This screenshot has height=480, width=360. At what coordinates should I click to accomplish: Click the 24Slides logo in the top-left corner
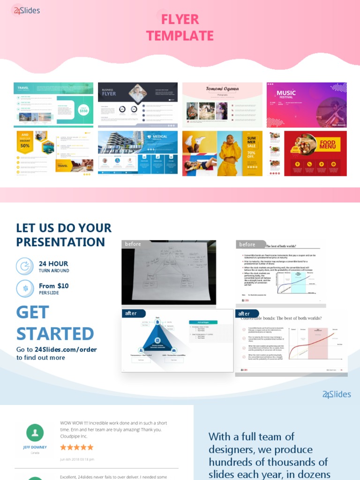(27, 10)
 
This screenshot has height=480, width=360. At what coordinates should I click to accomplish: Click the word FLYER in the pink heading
(180, 19)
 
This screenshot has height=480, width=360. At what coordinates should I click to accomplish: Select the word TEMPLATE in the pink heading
(180, 36)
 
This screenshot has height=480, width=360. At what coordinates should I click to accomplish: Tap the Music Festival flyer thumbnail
(307, 105)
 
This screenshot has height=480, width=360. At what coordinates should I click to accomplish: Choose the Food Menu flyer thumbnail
(308, 153)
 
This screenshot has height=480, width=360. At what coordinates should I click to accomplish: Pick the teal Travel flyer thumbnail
(53, 105)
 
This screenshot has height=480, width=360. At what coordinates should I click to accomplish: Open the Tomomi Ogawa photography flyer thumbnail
(222, 105)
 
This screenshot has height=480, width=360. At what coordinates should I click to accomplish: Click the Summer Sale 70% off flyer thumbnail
(222, 153)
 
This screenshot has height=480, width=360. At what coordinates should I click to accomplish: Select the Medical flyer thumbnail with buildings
(138, 153)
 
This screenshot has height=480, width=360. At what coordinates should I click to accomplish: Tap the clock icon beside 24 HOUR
(25, 266)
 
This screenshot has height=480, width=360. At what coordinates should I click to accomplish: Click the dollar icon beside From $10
(25, 288)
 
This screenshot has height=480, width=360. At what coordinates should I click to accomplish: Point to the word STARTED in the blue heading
(55, 333)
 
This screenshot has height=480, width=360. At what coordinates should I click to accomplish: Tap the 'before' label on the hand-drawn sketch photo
(133, 244)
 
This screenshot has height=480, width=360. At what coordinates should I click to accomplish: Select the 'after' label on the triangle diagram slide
(131, 313)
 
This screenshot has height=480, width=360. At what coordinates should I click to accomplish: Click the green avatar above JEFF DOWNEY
(35, 433)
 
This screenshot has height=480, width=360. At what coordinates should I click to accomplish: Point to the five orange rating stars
(77, 447)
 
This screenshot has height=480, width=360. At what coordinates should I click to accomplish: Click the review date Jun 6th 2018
(77, 459)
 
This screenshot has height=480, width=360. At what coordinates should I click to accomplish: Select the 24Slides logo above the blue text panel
(337, 394)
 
